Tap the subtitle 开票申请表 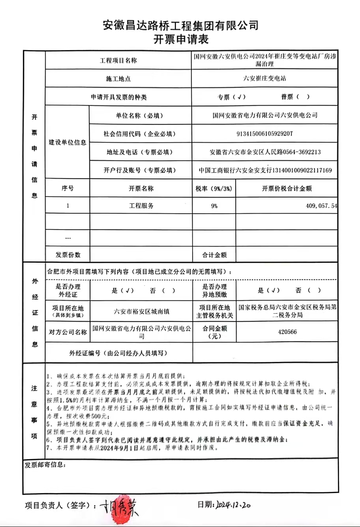click(181, 40)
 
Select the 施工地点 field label click(118, 79)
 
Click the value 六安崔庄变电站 click(264, 79)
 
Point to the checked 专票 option click(231, 97)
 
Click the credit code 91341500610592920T click(264, 134)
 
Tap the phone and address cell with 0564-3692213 click(264, 152)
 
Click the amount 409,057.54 click(321, 206)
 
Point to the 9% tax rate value click(214, 206)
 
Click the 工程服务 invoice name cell click(141, 206)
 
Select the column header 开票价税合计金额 click(287, 188)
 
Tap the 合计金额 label click(214, 255)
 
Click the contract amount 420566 click(287, 332)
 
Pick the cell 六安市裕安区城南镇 click(141, 311)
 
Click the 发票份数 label click(68, 255)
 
